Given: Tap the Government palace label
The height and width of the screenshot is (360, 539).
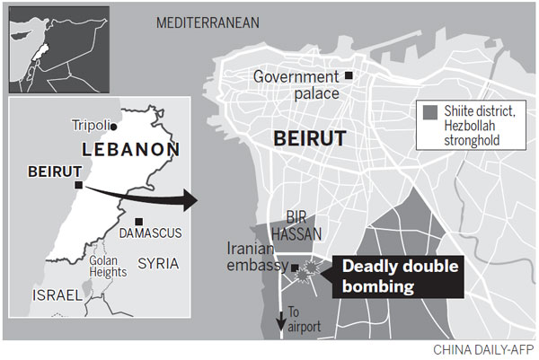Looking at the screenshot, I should click(296, 84).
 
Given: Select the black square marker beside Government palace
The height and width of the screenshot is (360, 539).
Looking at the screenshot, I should click(349, 75).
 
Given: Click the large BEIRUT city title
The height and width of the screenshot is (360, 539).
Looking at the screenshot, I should click(307, 142).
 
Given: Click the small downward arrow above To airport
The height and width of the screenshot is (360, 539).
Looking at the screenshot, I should click(280, 314).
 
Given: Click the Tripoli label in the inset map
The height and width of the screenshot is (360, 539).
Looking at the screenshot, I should click(95, 125).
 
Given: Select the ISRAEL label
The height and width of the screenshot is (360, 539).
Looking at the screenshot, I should click(57, 294).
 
